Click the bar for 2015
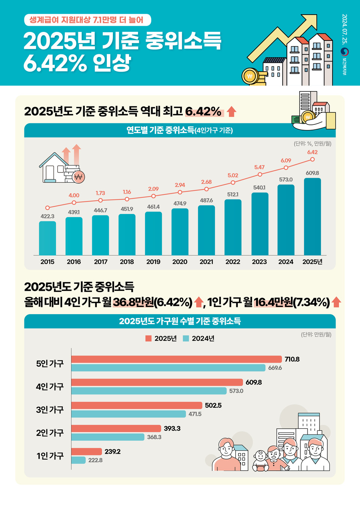(47, 238)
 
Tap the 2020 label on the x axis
(180, 262)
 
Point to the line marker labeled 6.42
(312, 159)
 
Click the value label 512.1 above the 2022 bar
(232, 194)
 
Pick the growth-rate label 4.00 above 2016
(74, 195)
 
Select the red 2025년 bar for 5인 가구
(176, 359)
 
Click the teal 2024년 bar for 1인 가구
(78, 460)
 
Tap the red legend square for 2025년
(148, 338)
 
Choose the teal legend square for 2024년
(186, 338)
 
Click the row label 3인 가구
(50, 410)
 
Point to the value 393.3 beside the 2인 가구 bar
(172, 428)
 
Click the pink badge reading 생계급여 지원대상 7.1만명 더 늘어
(87, 20)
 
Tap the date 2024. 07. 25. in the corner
(344, 29)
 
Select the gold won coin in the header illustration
(249, 76)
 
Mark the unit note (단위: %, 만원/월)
(312, 144)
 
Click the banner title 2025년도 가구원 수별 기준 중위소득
(180, 321)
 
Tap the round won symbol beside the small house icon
(78, 177)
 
